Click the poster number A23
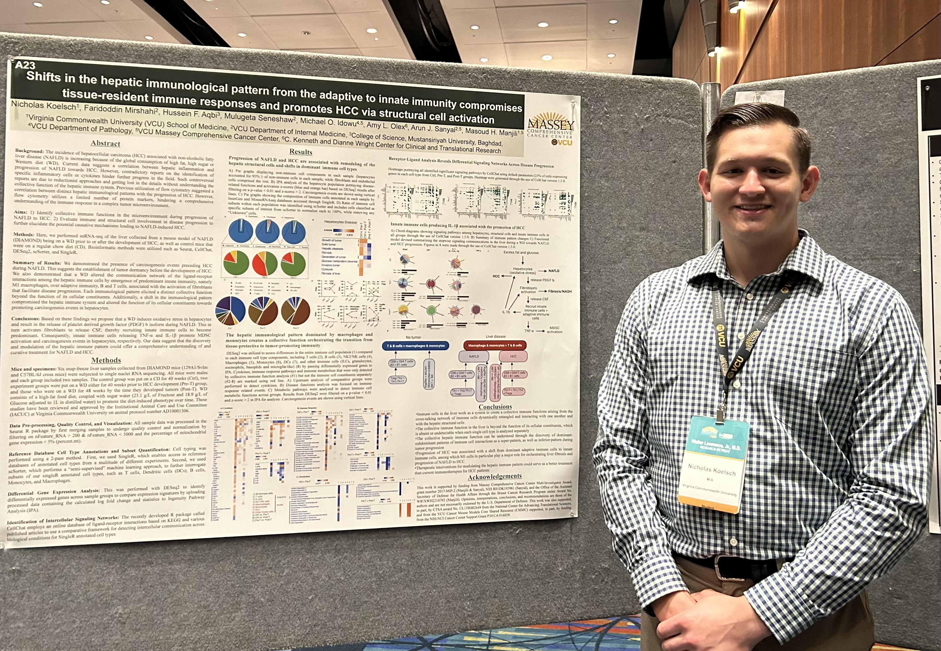[x=25, y=65]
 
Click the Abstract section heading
[x=105, y=143]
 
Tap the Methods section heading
[x=106, y=360]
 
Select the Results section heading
[x=301, y=152]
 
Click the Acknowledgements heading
[x=494, y=476]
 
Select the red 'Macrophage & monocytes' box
[x=495, y=345]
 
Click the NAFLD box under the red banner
[x=474, y=356]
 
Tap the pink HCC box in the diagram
[x=513, y=356]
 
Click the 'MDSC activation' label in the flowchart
[x=554, y=330]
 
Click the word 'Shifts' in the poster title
[x=44, y=77]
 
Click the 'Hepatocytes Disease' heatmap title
[x=340, y=222]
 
